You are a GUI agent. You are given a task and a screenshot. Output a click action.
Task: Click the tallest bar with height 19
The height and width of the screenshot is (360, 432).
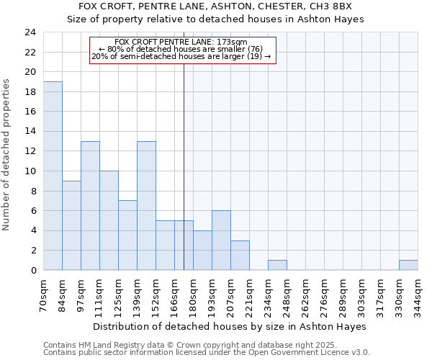pyautogui.click(x=53, y=176)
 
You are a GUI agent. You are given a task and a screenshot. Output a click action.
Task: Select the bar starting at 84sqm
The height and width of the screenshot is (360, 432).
pyautogui.click(x=71, y=225)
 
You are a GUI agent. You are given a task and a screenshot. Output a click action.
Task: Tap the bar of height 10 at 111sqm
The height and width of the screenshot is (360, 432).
pyautogui.click(x=109, y=220)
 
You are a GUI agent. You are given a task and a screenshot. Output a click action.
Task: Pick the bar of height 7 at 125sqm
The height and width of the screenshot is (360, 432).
pyautogui.click(x=127, y=235)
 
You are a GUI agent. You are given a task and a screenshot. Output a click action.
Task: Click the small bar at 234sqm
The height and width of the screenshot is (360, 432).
pyautogui.click(x=277, y=265)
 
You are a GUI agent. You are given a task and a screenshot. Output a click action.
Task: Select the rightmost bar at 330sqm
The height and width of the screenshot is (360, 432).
pyautogui.click(x=408, y=265)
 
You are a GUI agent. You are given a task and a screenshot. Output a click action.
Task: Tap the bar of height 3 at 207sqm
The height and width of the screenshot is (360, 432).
pyautogui.click(x=240, y=255)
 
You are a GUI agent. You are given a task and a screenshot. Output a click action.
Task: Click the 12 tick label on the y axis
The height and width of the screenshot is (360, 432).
pyautogui.click(x=30, y=151)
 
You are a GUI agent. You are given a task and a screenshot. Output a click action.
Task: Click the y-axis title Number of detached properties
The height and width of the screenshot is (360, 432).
pyautogui.click(x=7, y=154)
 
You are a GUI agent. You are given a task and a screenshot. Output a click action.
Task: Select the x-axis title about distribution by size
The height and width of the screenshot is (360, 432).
pyautogui.click(x=230, y=326)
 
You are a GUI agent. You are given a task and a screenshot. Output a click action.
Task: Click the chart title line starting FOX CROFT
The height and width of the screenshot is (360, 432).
pyautogui.click(x=216, y=6)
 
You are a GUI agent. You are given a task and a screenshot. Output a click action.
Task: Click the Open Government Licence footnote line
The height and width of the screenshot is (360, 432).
pyautogui.click(x=207, y=353)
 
